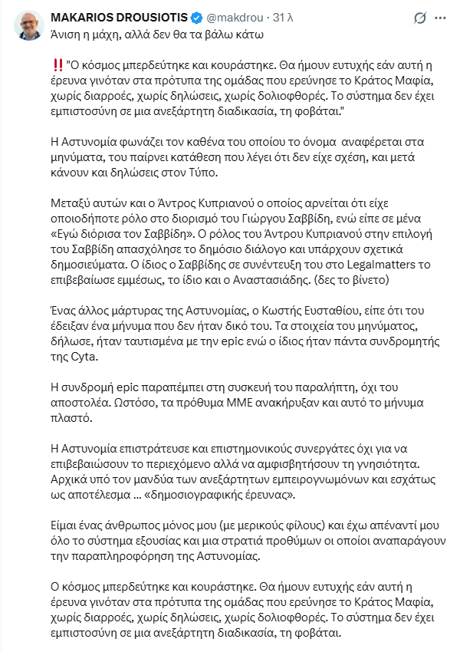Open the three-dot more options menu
(442, 17)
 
